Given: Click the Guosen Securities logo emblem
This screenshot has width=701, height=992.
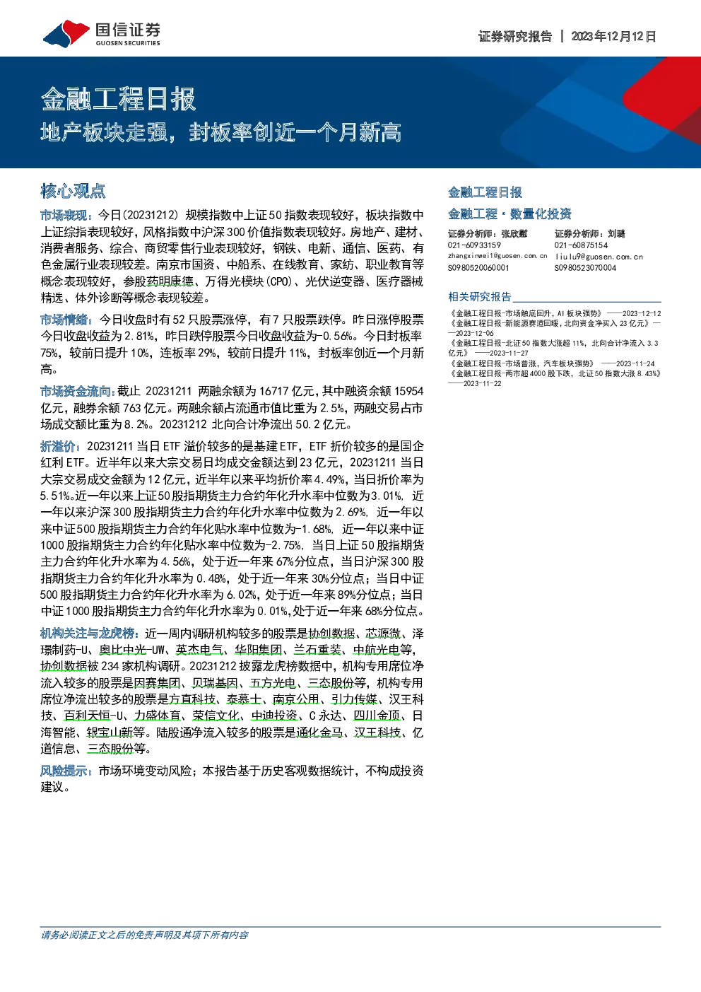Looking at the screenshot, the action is tap(66, 34).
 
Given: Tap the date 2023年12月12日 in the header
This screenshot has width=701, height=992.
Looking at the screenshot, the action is tap(613, 36).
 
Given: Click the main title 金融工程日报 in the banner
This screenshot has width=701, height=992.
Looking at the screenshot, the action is tap(118, 99).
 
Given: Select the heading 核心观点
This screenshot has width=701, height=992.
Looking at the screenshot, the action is tap(73, 191).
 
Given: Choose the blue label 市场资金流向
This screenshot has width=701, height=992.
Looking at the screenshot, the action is tap(76, 392).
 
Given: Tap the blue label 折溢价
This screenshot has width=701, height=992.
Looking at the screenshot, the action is tap(59, 446).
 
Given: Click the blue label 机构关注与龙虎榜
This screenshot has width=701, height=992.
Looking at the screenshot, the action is tap(88, 634).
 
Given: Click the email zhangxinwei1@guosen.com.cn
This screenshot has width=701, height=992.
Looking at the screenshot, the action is tap(497, 256).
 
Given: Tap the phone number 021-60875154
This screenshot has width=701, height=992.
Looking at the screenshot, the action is tap(581, 245).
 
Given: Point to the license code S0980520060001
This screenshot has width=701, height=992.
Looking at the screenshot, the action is tap(478, 268).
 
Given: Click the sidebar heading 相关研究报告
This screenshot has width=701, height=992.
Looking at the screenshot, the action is tap(479, 296).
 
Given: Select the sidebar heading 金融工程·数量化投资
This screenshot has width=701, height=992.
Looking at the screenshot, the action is tap(509, 214).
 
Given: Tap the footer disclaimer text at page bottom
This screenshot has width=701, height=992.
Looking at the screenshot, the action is tap(144, 935).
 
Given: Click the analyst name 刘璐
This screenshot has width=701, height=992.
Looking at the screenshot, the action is tap(616, 234).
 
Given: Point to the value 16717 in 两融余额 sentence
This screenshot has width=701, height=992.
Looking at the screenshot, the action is tap(274, 392).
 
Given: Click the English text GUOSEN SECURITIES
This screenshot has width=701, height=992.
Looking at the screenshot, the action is tap(128, 43).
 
